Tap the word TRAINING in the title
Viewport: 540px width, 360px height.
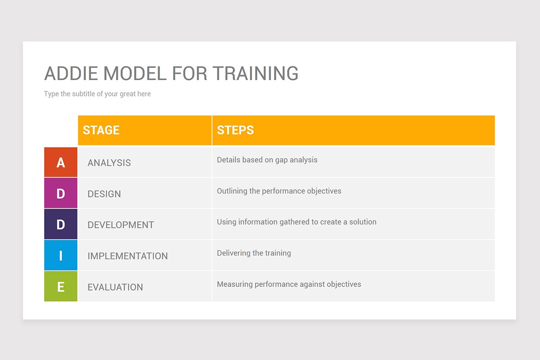[255, 73]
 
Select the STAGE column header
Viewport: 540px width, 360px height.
[101, 130]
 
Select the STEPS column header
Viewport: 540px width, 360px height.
[235, 130]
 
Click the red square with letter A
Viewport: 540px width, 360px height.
[61, 162]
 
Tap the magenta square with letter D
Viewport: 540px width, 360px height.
[61, 193]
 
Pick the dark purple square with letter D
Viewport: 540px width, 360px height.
[61, 225]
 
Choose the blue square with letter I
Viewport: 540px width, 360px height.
[61, 256]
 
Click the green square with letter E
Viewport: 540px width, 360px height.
[61, 287]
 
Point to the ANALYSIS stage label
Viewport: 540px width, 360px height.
[109, 163]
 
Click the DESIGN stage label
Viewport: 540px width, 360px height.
[104, 194]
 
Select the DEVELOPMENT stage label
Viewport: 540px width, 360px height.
[121, 225]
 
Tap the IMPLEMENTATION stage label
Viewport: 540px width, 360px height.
[128, 256]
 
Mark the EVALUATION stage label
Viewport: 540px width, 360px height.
[115, 287]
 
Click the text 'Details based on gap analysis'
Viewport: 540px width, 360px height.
[267, 160]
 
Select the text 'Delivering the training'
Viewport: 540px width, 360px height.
[254, 253]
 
